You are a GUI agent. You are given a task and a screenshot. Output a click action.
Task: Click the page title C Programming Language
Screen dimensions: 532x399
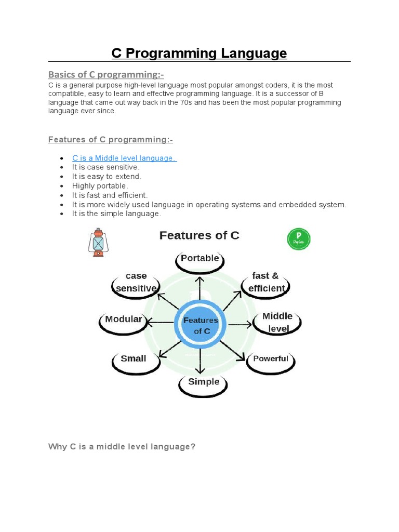point(199,54)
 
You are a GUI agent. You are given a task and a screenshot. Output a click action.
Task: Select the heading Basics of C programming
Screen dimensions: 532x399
point(102,74)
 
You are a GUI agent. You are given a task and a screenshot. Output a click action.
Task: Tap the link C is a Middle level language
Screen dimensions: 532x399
point(124,158)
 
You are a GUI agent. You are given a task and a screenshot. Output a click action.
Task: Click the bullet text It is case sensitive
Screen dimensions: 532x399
point(105,167)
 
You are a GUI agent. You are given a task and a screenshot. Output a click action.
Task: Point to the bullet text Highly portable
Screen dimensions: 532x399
point(100,185)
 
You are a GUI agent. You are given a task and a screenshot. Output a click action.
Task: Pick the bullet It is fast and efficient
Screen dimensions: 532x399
point(110,195)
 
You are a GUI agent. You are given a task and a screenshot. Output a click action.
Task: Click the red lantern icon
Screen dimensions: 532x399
point(97,242)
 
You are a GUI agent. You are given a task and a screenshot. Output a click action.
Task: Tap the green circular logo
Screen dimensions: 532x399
point(299,239)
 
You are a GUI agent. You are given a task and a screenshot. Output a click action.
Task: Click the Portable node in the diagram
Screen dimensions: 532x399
point(200,259)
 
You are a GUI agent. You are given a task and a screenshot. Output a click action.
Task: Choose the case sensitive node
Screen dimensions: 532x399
point(136,283)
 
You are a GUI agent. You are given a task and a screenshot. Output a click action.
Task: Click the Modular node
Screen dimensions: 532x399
point(123,320)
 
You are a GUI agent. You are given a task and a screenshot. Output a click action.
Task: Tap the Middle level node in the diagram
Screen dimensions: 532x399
point(277,322)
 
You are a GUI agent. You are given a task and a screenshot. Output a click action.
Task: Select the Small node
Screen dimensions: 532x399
point(134,359)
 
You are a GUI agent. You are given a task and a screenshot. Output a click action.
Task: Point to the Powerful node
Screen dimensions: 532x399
point(270,359)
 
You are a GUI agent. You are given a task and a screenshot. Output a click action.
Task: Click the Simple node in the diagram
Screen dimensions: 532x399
point(203,382)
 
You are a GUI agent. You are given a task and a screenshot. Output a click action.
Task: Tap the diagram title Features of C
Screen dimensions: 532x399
point(199,235)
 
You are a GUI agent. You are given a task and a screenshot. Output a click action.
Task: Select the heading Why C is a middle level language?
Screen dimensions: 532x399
point(122,446)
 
